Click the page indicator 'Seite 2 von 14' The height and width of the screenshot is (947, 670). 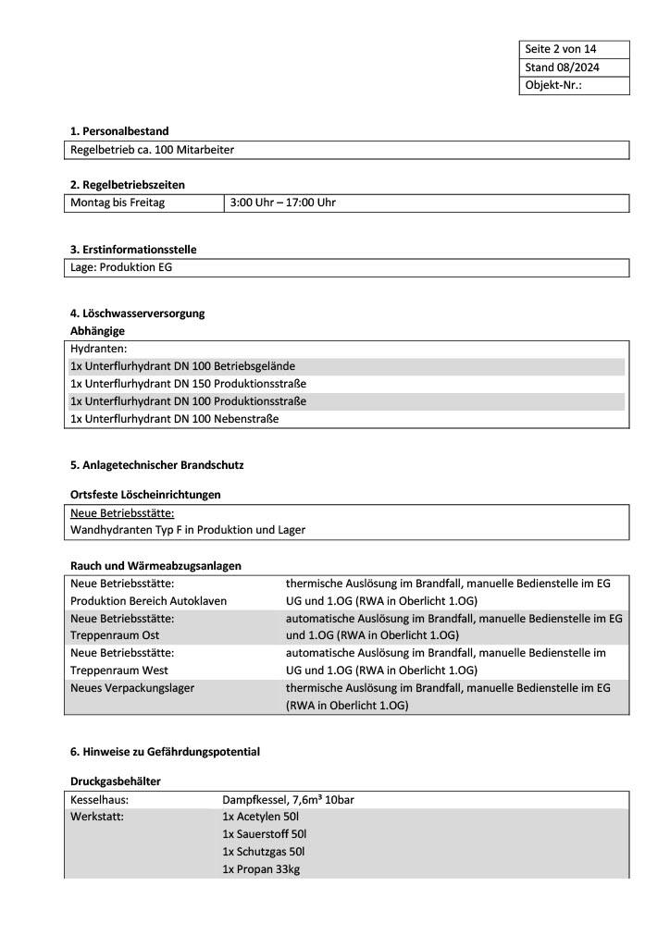tap(561, 49)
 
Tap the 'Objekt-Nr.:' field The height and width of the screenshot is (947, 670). tap(553, 85)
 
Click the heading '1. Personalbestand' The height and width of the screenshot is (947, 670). tap(119, 131)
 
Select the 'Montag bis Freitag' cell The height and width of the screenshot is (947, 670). tap(118, 203)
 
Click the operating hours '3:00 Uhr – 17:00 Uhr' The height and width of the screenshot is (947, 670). tap(282, 203)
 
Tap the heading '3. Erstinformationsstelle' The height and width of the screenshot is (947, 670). tap(133, 250)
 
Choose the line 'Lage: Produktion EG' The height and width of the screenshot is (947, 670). tap(121, 268)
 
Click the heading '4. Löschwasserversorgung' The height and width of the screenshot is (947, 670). tap(137, 314)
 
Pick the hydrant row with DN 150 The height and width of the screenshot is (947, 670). tap(188, 384)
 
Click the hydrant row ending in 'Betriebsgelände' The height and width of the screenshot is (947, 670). tap(182, 366)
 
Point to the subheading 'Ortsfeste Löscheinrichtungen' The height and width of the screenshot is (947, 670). tap(145, 495)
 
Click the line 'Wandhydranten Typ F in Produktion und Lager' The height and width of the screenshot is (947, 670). tap(188, 531)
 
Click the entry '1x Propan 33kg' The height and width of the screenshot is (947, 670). tap(260, 869)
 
